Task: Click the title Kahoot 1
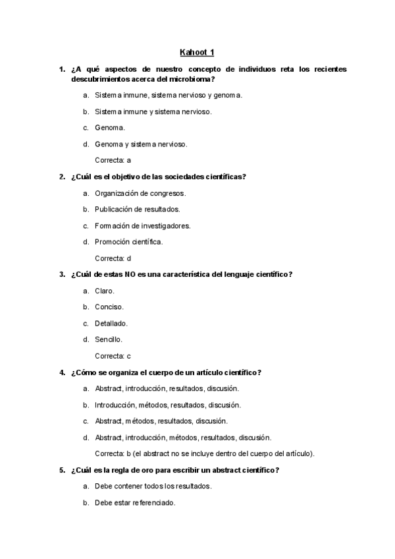pyautogui.click(x=197, y=52)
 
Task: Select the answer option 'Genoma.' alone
pyautogui.click(x=109, y=127)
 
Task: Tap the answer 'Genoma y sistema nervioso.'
pyautogui.click(x=141, y=144)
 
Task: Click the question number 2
pyautogui.click(x=61, y=176)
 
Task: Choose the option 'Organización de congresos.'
pyautogui.click(x=140, y=193)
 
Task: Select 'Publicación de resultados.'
pyautogui.click(x=138, y=209)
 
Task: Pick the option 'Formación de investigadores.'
pyautogui.click(x=143, y=225)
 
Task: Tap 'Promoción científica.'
pyautogui.click(x=128, y=242)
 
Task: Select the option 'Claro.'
pyautogui.click(x=105, y=291)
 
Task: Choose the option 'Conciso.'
pyautogui.click(x=109, y=307)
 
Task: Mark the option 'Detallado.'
pyautogui.click(x=111, y=323)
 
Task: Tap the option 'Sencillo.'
pyautogui.click(x=109, y=339)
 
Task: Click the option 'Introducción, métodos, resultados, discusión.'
pyautogui.click(x=168, y=405)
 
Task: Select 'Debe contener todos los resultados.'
pyautogui.click(x=153, y=486)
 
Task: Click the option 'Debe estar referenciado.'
pyautogui.click(x=135, y=502)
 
